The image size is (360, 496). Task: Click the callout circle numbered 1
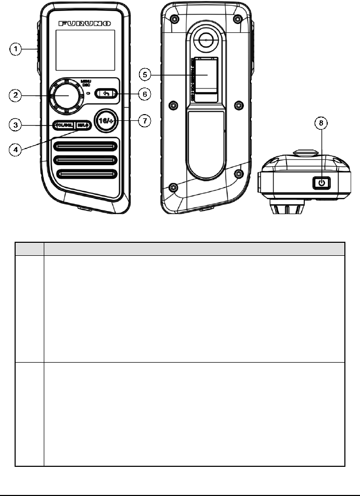point(17,51)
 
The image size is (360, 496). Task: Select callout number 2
point(17,95)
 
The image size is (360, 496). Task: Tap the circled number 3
point(17,125)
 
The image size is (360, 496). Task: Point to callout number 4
point(17,148)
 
